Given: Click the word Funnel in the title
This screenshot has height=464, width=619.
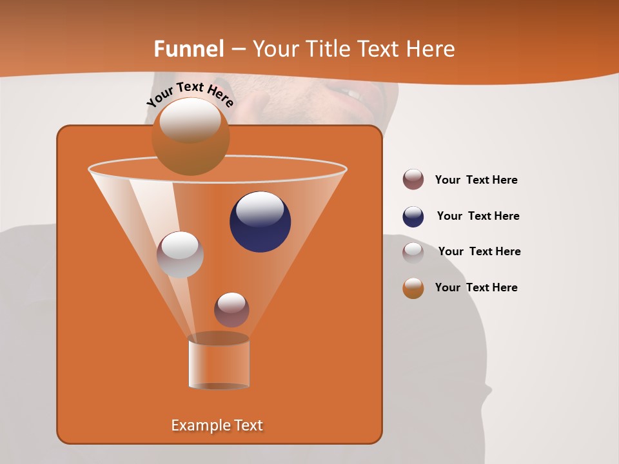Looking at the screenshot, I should [189, 49].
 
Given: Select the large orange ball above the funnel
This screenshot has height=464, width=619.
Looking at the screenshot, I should [190, 137].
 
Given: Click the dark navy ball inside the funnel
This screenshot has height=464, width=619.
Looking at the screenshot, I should [260, 221].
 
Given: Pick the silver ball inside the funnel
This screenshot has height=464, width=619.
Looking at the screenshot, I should [180, 255].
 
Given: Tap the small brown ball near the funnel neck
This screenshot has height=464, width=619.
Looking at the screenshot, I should [231, 309].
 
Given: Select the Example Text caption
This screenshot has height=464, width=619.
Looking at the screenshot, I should [217, 425].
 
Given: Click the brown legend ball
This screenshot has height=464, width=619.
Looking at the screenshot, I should [413, 180].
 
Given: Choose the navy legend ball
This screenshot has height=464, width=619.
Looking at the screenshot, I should [413, 217].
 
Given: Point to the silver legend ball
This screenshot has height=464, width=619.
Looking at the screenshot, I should [413, 252].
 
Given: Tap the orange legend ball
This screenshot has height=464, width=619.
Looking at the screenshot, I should [413, 288].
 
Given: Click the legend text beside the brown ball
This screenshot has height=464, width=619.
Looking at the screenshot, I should [476, 180].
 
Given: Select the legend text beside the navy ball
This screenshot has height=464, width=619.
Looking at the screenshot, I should [478, 216].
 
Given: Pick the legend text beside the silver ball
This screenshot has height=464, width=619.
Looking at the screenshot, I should [479, 251].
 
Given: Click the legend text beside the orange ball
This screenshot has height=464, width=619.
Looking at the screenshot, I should [476, 287].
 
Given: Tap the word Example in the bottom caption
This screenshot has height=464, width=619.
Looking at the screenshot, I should [197, 425].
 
